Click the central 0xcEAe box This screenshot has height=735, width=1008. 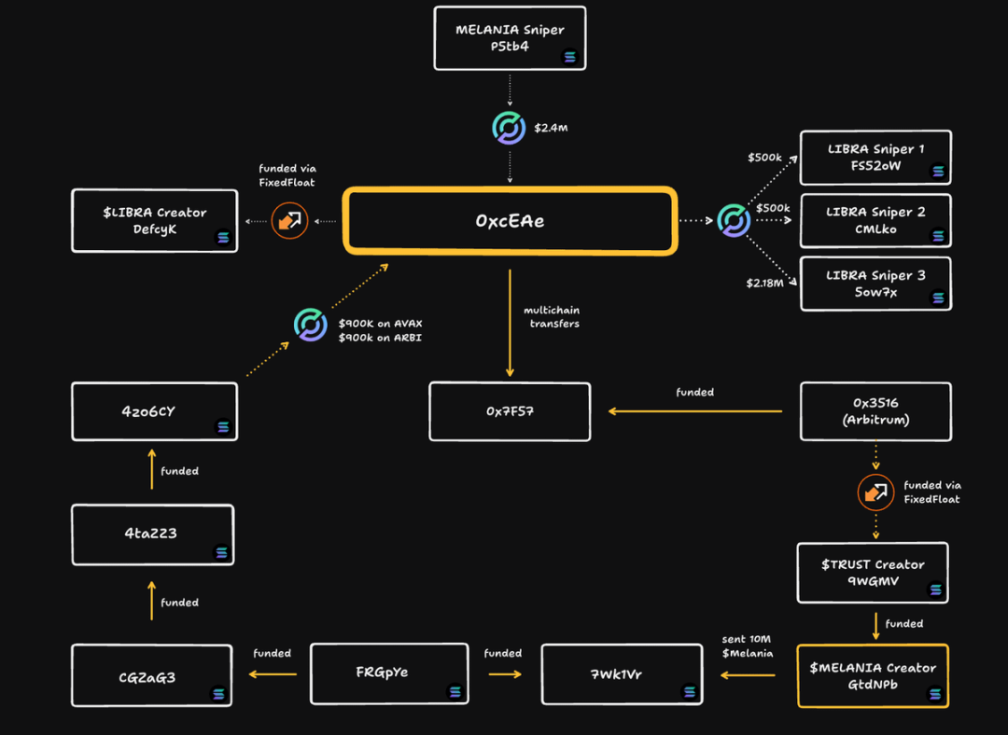coord(510,220)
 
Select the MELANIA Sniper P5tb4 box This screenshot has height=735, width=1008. coord(510,38)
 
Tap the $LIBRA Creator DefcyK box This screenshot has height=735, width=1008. coord(155,221)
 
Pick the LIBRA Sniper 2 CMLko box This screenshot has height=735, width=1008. coord(875,221)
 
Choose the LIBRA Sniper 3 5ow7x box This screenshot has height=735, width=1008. coord(875,284)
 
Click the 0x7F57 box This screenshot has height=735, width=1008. coord(510,411)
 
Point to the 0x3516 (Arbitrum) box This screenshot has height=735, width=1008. coord(875,411)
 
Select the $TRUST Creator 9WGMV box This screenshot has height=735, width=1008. coord(873,573)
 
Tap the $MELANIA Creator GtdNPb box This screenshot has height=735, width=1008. coord(873,676)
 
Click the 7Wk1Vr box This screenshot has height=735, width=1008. coord(622,673)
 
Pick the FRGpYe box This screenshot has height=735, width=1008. coord(388,673)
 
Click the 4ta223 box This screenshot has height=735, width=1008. coord(152,534)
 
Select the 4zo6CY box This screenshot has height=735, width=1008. coord(154,411)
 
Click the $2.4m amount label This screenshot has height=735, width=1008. coord(551,128)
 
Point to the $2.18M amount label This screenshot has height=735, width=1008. coord(765,283)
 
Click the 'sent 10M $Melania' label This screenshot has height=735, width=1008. coord(747,645)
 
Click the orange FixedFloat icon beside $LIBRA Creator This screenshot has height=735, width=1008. coord(289,221)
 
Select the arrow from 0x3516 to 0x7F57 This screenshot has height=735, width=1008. coord(694,411)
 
